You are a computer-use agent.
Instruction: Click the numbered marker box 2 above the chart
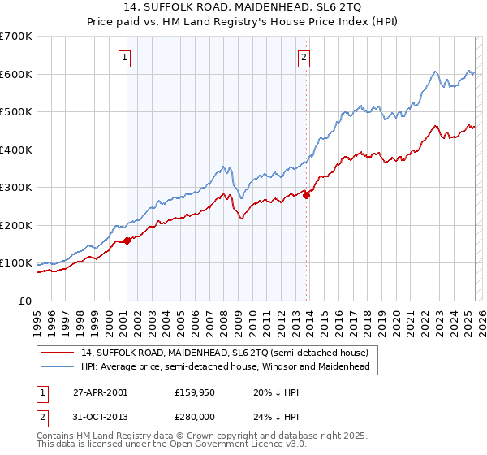click(x=304, y=57)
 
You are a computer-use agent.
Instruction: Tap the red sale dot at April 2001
click(x=127, y=240)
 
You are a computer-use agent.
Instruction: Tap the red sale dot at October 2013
click(x=307, y=195)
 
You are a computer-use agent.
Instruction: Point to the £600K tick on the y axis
click(x=16, y=74)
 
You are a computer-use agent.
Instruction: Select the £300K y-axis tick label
click(x=16, y=187)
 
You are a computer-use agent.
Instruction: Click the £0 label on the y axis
click(x=26, y=301)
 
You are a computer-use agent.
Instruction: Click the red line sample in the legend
click(x=57, y=353)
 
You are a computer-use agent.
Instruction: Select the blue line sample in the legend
click(x=57, y=367)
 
